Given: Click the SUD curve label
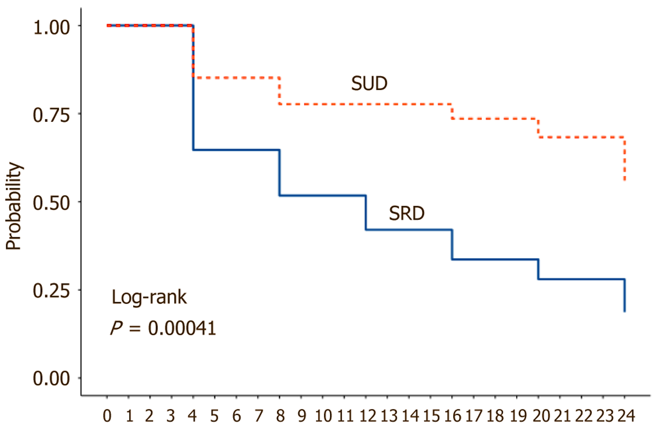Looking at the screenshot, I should tap(369, 84).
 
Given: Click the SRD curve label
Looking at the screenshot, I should tap(406, 214).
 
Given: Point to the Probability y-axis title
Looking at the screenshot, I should tap(14, 206).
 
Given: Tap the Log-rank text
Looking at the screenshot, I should tap(149, 297).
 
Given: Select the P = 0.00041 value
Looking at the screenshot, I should tap(163, 328).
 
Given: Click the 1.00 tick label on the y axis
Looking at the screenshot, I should tap(52, 27).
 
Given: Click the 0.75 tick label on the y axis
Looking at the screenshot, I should tap(52, 115).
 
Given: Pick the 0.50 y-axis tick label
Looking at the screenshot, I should tap(52, 203).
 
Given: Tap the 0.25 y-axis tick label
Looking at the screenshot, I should tap(52, 291).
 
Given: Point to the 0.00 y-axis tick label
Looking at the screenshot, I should tap(52, 379).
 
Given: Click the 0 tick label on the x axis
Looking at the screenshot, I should tap(107, 416).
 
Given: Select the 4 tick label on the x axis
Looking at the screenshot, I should tap(193, 416).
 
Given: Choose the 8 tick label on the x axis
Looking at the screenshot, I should tap(279, 416).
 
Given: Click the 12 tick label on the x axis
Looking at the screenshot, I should tap(367, 416).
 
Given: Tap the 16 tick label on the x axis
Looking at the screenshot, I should tap(452, 416).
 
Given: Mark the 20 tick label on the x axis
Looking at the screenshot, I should tap(540, 416).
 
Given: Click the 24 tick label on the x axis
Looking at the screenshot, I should tap(626, 416).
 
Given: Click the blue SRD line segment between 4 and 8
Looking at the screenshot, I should tap(236, 150).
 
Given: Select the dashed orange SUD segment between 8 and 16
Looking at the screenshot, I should tap(365, 104).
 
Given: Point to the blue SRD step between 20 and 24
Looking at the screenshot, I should tap(581, 279).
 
